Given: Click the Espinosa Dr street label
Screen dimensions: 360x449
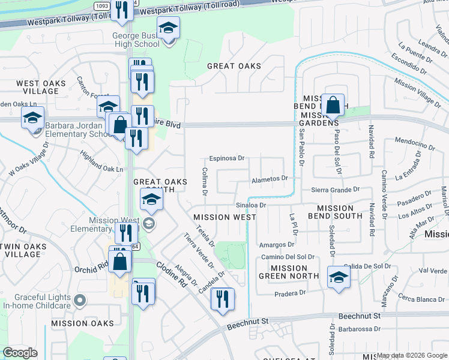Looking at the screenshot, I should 227,158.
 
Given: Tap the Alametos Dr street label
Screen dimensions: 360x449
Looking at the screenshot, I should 270,178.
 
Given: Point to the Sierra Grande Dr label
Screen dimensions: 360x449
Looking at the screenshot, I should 335,190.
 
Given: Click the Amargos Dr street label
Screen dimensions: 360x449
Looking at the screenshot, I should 277,244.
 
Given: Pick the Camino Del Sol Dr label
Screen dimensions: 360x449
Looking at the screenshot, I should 288,257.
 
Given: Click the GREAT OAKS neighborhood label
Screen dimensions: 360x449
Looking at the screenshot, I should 234,66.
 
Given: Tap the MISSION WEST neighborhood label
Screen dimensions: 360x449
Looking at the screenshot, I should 220,217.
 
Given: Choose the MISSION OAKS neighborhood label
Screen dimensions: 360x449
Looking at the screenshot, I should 82,323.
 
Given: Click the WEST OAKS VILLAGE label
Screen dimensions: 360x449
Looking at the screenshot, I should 37,88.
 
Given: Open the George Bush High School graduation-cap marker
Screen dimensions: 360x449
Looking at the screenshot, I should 169,28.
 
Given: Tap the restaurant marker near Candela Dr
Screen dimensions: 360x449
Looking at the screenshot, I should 222,298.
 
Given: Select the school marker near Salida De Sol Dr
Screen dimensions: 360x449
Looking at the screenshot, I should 339,278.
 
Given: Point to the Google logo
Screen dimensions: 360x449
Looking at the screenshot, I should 20,353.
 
